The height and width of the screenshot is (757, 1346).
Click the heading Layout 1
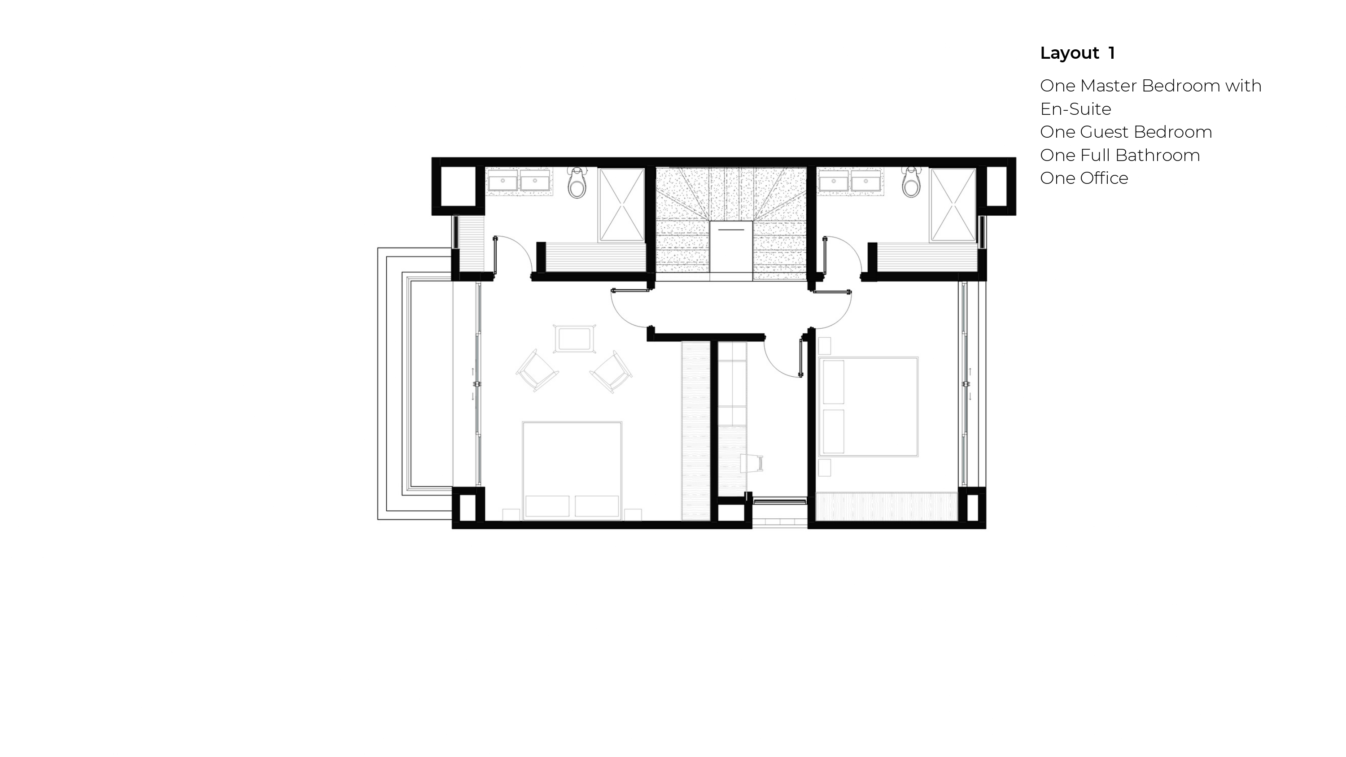(1077, 53)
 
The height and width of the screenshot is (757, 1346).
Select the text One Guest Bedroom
(1126, 132)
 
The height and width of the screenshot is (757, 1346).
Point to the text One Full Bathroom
(1120, 155)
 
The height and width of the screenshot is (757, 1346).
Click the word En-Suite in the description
(1075, 109)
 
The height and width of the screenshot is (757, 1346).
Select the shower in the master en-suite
(621, 205)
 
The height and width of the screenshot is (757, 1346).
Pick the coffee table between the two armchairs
(574, 339)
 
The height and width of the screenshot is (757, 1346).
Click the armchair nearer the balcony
(537, 370)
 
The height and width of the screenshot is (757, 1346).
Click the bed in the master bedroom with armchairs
(572, 470)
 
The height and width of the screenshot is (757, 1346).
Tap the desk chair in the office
(752, 462)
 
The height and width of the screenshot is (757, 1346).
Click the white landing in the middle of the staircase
(731, 246)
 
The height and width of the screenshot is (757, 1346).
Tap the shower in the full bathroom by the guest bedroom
(953, 205)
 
